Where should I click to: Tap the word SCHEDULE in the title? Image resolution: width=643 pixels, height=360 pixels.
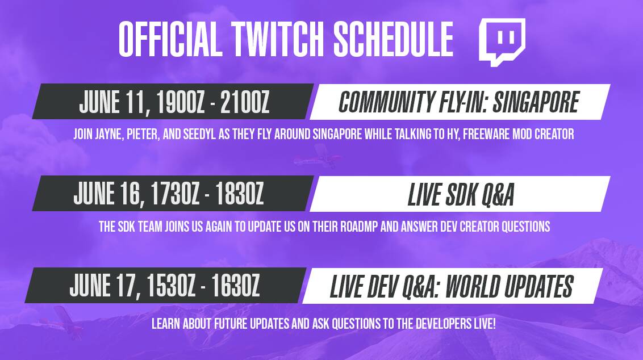[393, 39]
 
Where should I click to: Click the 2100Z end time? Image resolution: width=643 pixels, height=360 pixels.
[244, 102]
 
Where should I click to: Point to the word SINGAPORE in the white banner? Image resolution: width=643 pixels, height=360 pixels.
[536, 102]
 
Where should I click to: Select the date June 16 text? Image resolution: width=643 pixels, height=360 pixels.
[108, 194]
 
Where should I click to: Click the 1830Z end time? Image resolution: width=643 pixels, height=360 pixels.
[239, 194]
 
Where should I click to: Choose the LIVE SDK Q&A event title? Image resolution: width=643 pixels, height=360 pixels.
[461, 194]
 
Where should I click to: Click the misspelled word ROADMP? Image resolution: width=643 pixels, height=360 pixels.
[359, 227]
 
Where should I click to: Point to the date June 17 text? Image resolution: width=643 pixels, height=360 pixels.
[105, 286]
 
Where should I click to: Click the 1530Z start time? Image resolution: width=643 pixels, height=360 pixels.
[171, 286]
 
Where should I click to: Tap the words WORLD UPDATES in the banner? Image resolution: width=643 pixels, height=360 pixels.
[510, 286]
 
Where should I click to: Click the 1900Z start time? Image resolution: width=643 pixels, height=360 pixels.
[181, 102]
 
